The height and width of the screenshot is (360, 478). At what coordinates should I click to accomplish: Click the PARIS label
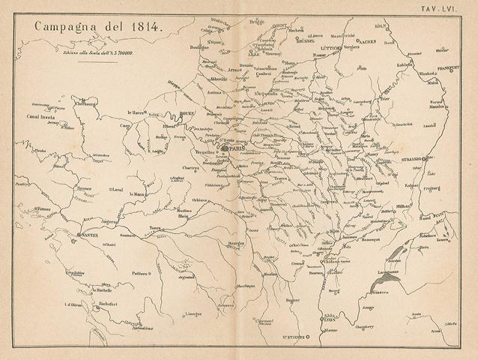point(237,148)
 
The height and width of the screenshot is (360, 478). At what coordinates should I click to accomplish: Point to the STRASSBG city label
point(411,158)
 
